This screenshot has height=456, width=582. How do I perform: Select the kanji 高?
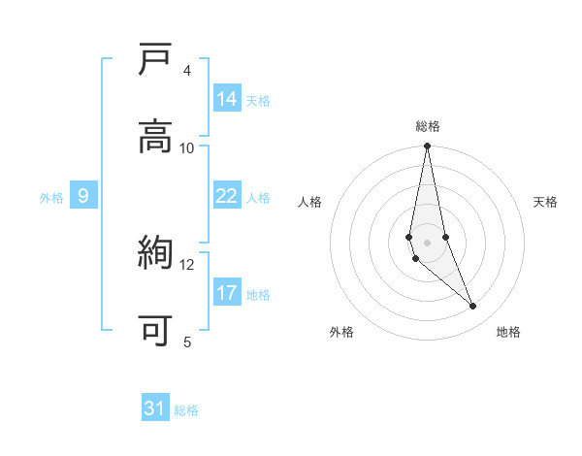(x=155, y=137)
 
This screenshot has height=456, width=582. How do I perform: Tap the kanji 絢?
(x=155, y=254)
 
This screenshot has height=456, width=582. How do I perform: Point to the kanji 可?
(x=155, y=331)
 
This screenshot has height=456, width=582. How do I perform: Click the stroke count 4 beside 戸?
(x=187, y=70)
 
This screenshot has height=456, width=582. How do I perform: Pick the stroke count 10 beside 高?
(x=187, y=147)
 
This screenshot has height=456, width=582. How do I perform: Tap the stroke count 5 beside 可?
(x=187, y=342)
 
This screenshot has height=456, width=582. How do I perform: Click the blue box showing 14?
(x=227, y=99)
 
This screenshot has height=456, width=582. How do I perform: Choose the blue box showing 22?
(x=227, y=196)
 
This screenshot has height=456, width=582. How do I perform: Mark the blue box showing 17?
(x=227, y=293)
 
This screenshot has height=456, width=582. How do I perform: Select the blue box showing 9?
(x=83, y=196)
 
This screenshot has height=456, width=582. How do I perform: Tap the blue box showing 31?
(x=155, y=408)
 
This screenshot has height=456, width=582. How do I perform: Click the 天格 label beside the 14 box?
(x=258, y=101)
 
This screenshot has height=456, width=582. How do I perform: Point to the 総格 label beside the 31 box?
(x=186, y=410)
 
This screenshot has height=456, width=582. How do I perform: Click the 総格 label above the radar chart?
(x=428, y=126)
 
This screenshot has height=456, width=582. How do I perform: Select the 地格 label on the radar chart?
(x=508, y=333)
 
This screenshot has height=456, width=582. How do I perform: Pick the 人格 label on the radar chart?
(x=310, y=202)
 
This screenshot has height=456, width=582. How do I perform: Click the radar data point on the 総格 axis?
(x=428, y=147)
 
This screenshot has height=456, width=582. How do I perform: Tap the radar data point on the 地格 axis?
(x=473, y=307)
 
